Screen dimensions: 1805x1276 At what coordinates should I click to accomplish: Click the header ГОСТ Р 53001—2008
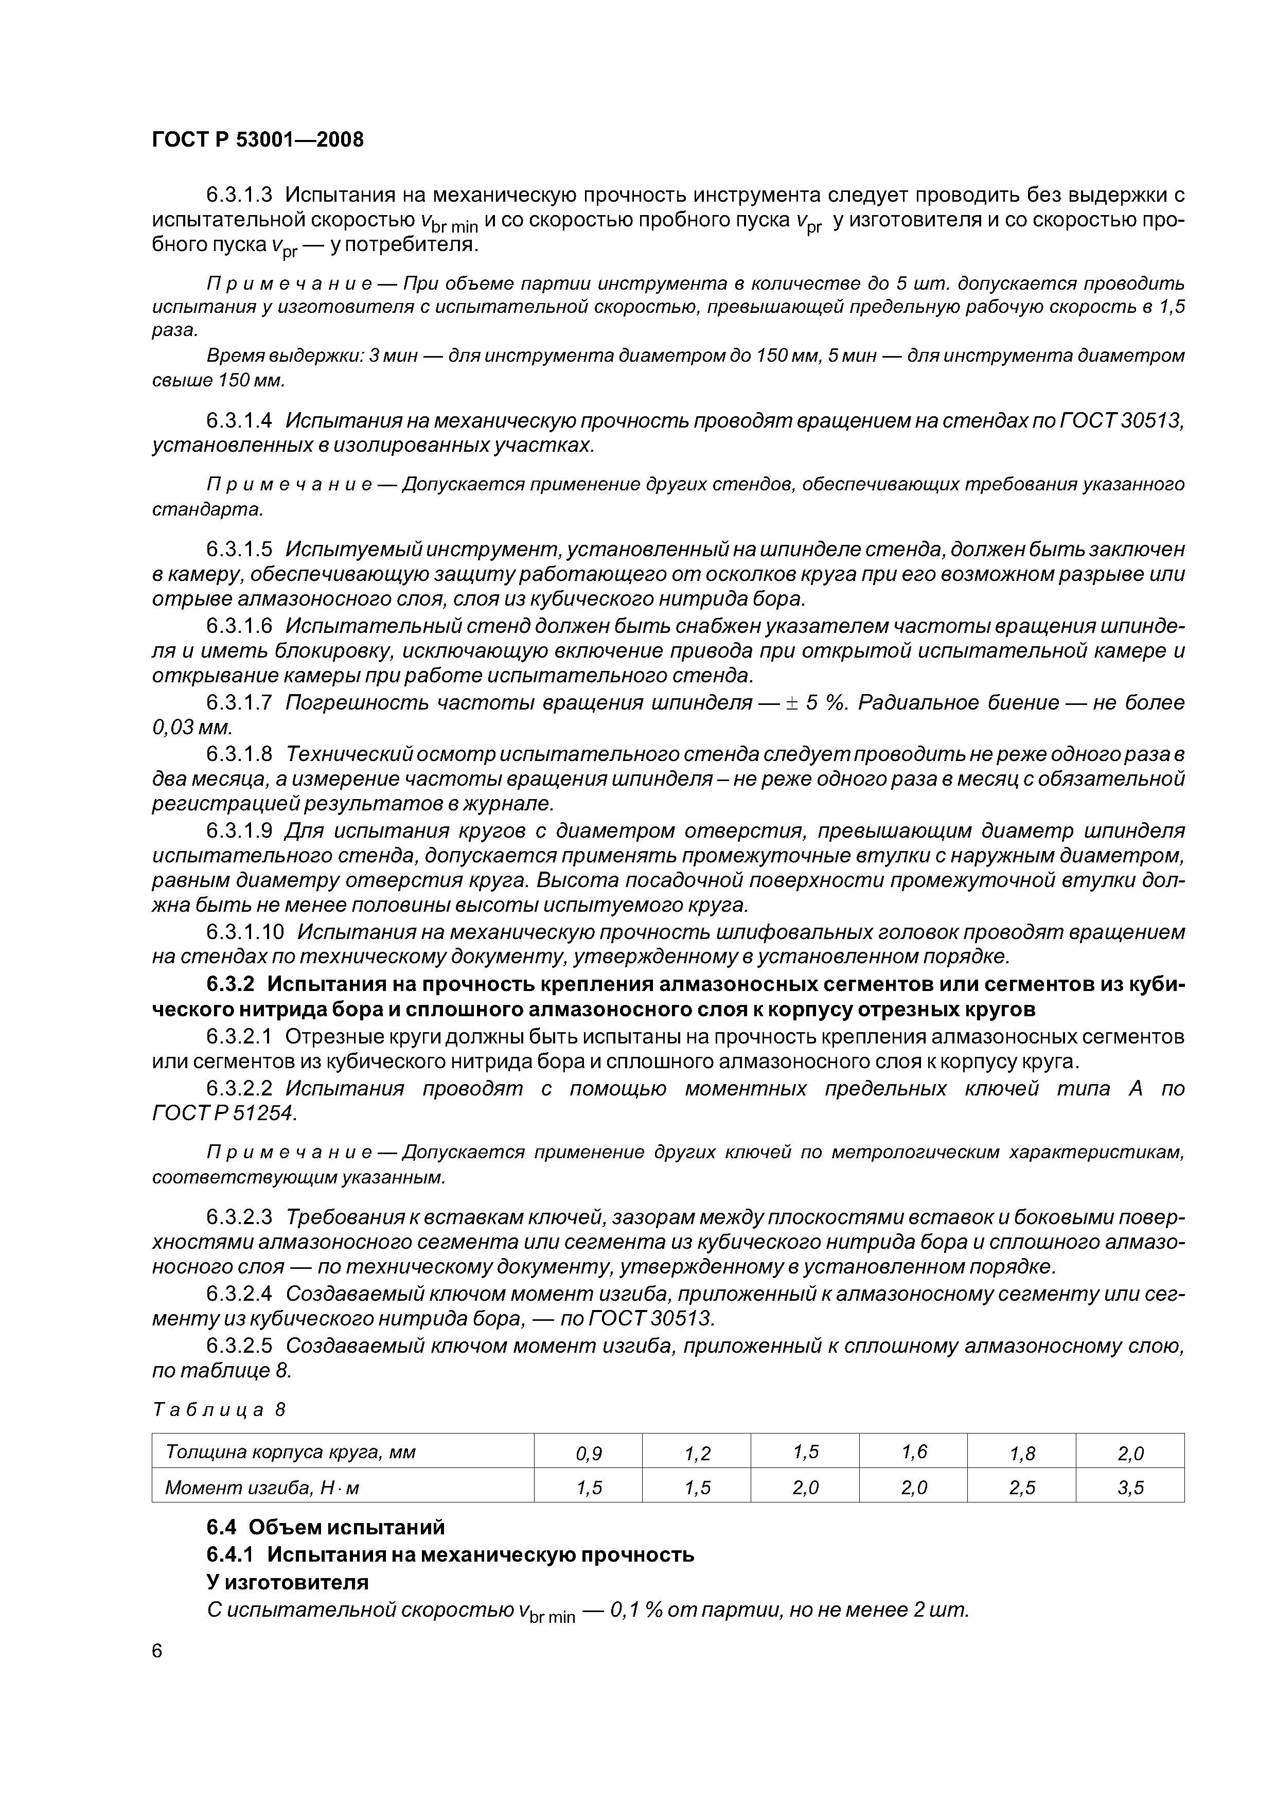(258, 140)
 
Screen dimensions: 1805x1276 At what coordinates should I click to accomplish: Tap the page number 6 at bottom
(157, 1652)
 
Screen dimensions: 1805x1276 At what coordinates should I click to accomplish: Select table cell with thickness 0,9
(588, 1454)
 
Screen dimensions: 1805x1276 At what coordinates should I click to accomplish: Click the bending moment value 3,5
(1130, 1488)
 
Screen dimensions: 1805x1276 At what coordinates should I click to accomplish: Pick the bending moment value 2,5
(1021, 1488)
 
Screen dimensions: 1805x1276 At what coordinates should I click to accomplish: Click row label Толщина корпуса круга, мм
(290, 1452)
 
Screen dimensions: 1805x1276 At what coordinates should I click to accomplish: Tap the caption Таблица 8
(219, 1409)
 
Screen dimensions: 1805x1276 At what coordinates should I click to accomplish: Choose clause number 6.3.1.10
(244, 932)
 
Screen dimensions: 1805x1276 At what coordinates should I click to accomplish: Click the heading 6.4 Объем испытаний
(326, 1527)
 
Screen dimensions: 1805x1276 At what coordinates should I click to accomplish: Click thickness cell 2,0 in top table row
(1130, 1454)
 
